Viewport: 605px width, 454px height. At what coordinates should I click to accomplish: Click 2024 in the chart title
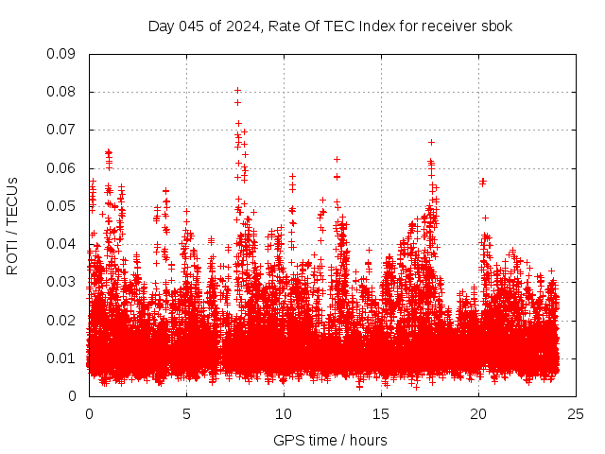click(240, 26)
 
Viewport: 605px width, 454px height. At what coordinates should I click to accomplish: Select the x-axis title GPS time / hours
click(330, 440)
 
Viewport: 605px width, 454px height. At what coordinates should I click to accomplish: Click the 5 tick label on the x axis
click(186, 413)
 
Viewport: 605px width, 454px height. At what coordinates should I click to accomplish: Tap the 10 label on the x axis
click(284, 413)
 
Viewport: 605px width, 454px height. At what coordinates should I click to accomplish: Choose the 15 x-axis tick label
click(381, 413)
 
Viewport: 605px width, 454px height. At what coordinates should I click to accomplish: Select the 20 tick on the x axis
click(478, 413)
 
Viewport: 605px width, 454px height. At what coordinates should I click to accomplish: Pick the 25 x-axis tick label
click(576, 413)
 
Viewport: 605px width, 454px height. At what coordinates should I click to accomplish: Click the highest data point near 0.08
click(238, 90)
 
